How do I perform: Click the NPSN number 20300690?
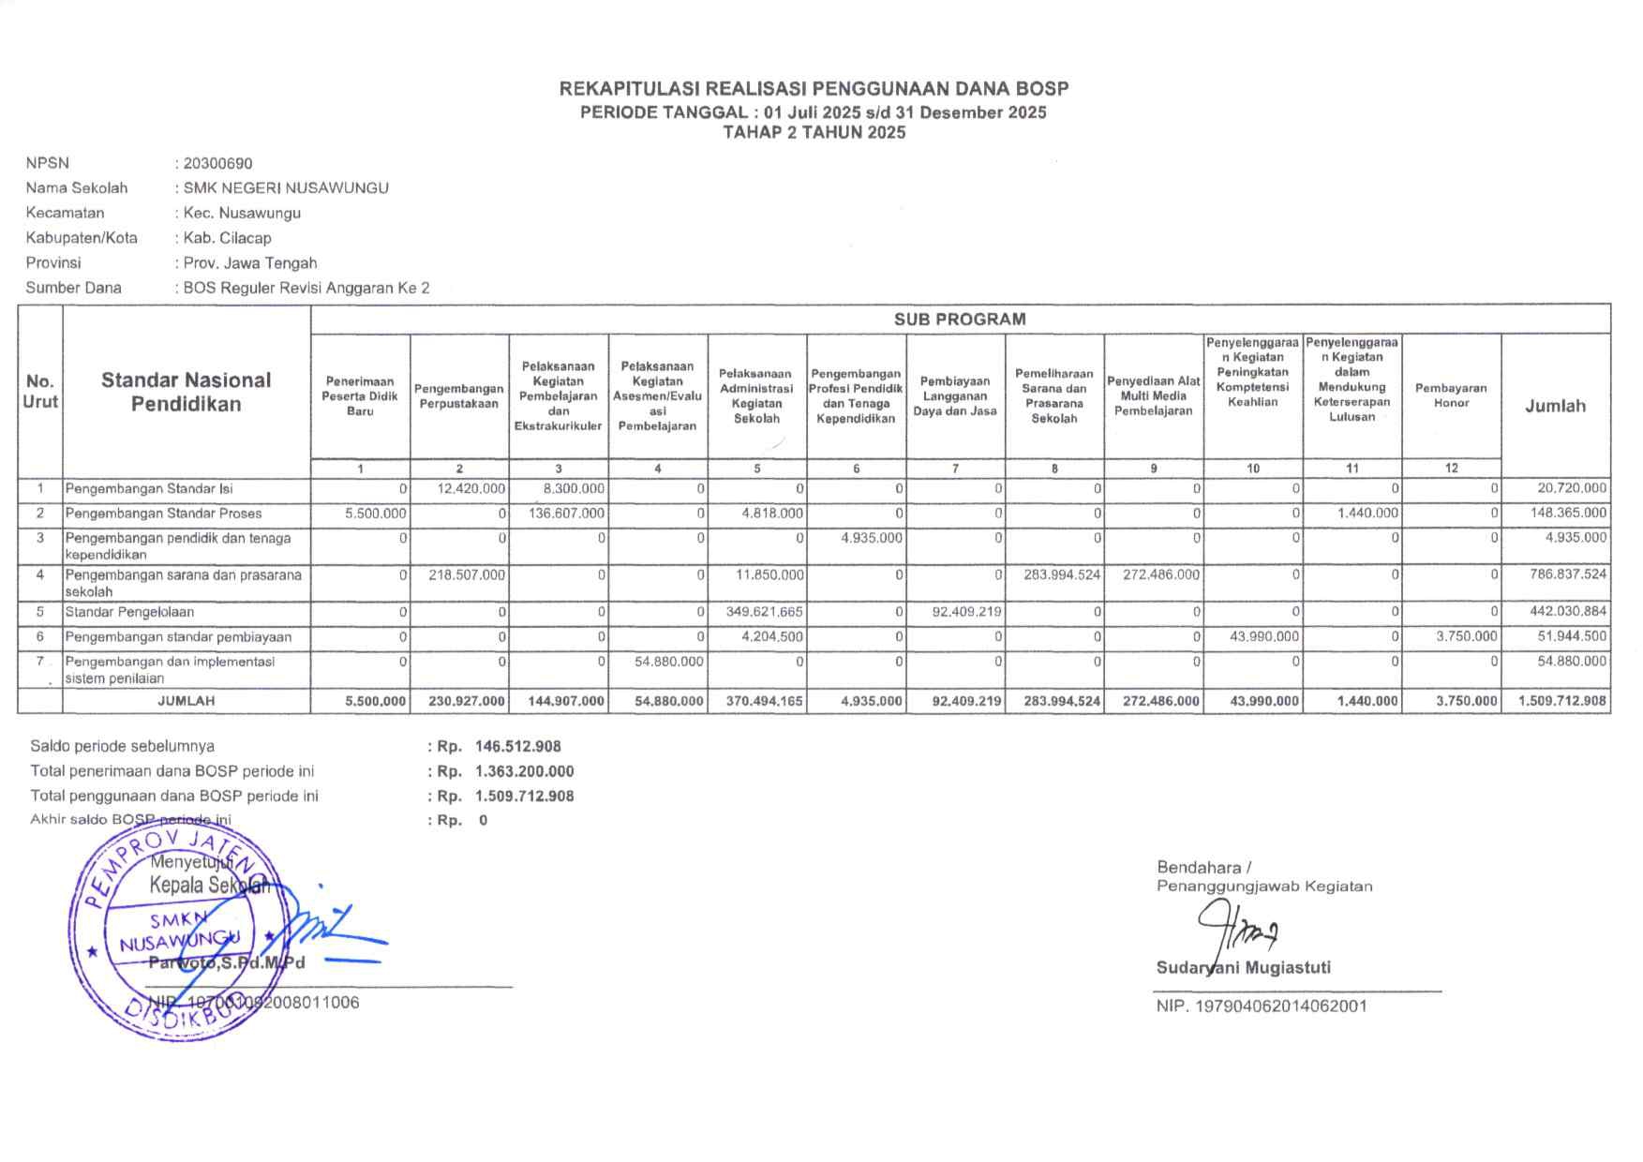(x=217, y=163)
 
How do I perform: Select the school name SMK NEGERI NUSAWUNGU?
(x=286, y=187)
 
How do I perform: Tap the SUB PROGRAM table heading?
(x=959, y=319)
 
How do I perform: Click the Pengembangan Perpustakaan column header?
(x=459, y=395)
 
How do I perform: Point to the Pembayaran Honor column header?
(x=1451, y=395)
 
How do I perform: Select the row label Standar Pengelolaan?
(x=129, y=612)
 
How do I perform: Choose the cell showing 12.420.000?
(x=471, y=488)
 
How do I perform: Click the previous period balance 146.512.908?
(x=518, y=747)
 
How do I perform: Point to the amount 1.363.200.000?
(x=525, y=771)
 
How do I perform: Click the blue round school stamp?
(x=169, y=932)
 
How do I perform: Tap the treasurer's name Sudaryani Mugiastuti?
(x=1243, y=968)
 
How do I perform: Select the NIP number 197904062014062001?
(x=1262, y=1006)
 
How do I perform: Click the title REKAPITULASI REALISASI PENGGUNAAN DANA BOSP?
(x=814, y=89)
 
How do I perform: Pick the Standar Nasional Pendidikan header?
(x=186, y=392)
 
